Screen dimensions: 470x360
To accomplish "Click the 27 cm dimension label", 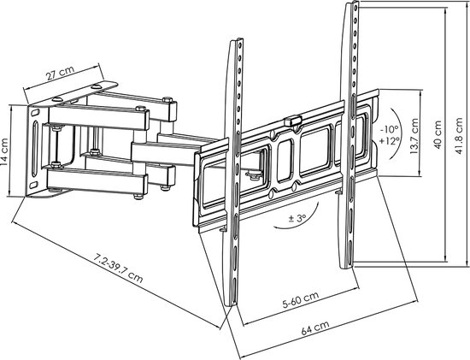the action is tap(60, 73).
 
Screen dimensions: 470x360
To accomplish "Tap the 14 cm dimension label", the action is tap(5, 152).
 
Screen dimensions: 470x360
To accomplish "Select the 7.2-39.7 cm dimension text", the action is tap(119, 269).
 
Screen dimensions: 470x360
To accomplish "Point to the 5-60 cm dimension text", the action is tap(301, 299).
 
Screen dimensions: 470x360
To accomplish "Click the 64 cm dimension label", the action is tap(315, 328).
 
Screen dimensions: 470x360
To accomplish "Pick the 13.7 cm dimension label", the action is tap(414, 136).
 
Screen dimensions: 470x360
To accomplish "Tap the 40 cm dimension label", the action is tap(438, 135).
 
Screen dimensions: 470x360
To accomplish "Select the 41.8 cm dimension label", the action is tap(459, 136).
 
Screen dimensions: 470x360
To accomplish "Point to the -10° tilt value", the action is tap(389, 130).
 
